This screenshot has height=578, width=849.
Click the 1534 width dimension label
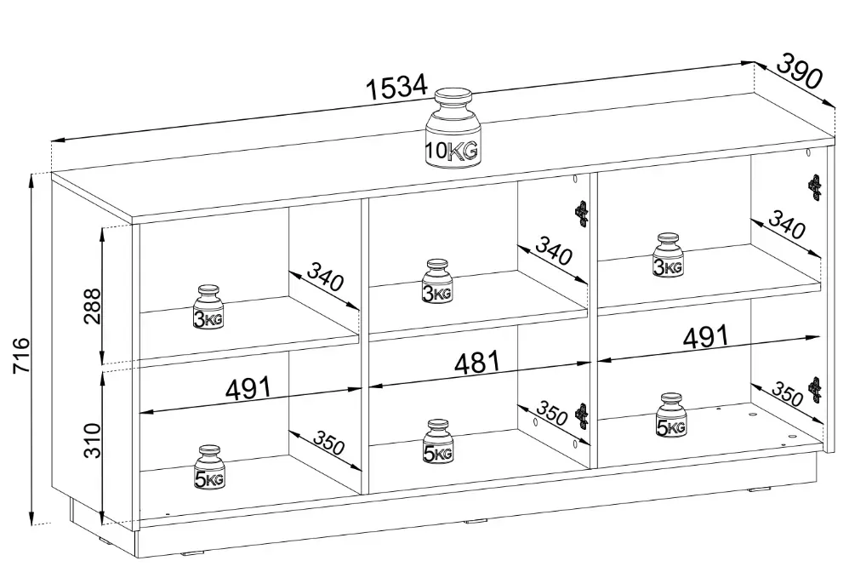tap(396, 88)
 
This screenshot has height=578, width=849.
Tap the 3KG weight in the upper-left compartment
tap(208, 307)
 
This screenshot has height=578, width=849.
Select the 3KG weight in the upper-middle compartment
tap(437, 281)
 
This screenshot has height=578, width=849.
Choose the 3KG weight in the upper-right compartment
tap(668, 255)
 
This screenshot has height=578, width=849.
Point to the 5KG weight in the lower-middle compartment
tap(437, 441)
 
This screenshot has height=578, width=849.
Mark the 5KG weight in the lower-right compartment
tap(671, 415)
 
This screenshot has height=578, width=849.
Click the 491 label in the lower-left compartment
tap(247, 389)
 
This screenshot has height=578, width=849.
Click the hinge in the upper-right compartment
tap(815, 186)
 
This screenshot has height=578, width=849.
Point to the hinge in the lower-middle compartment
tap(583, 415)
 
